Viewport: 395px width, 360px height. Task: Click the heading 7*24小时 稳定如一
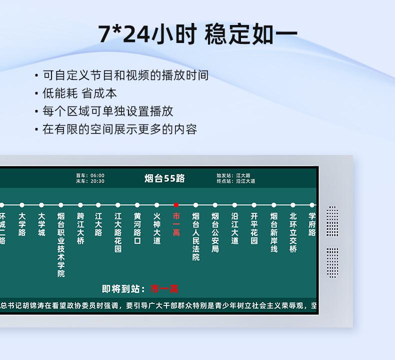tap(197, 34)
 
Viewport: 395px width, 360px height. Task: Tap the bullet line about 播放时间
tap(125, 75)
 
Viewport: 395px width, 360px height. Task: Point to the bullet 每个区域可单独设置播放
tap(107, 111)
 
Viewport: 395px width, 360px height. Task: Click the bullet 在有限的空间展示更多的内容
tap(119, 129)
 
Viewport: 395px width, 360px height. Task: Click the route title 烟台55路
tap(164, 178)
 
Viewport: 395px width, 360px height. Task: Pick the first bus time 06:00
tap(97, 175)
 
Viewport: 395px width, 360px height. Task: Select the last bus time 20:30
tap(97, 181)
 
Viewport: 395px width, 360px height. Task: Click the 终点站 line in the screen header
tap(235, 181)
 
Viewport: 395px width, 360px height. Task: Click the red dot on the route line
tap(176, 205)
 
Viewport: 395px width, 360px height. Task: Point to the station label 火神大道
tap(156, 229)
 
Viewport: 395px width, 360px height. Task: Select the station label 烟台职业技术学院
tap(61, 245)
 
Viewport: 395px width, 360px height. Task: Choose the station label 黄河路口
tap(137, 229)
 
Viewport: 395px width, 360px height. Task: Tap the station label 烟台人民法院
tap(195, 237)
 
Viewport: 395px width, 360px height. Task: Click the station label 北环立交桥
tap(293, 233)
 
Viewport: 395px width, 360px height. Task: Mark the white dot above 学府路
tap(312, 205)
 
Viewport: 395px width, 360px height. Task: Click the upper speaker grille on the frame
tap(332, 221)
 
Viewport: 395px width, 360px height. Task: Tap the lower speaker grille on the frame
tap(332, 262)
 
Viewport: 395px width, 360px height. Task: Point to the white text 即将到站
tap(123, 289)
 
